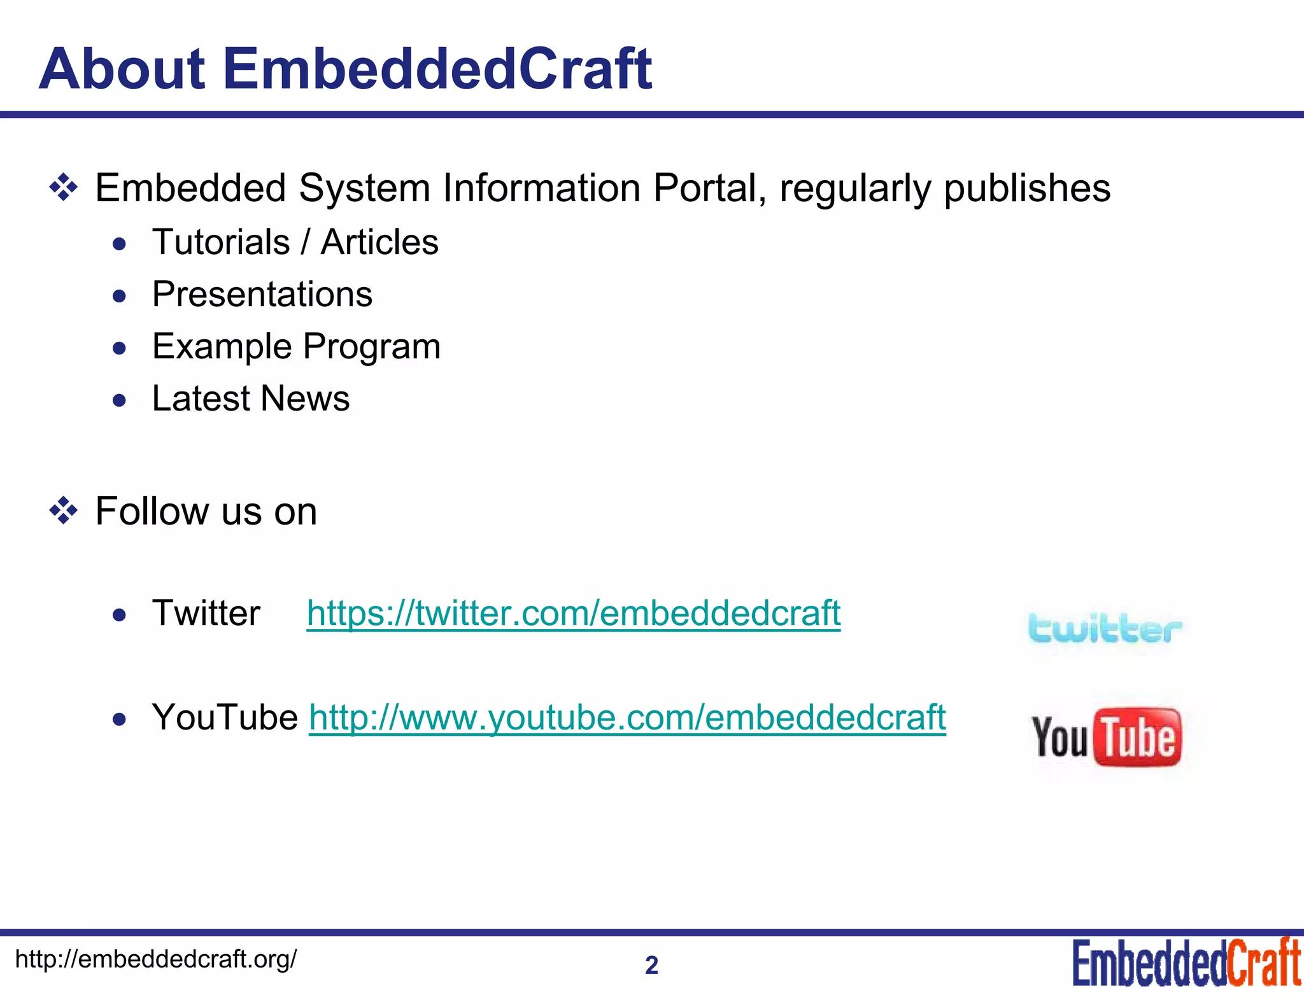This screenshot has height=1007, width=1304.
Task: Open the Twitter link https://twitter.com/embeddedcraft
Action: (x=573, y=613)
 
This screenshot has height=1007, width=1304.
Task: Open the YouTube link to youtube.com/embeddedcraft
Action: (x=627, y=717)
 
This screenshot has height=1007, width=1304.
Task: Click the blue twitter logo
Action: (x=1105, y=629)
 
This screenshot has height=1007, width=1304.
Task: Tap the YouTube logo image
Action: (x=1107, y=737)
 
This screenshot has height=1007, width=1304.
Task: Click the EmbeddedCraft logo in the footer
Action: (x=1186, y=963)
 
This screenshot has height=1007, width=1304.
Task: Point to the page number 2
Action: (x=651, y=966)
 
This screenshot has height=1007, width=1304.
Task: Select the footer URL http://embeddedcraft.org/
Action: (x=155, y=959)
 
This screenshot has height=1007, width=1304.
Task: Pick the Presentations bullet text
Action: (x=262, y=295)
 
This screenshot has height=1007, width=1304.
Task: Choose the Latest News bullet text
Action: (x=251, y=399)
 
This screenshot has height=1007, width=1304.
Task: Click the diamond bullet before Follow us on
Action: (x=64, y=511)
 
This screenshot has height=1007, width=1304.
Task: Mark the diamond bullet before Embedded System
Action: (x=64, y=188)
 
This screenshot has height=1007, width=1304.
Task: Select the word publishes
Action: (x=1026, y=188)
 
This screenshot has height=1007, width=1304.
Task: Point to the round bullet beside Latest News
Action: (x=119, y=400)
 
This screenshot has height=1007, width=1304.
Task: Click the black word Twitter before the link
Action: (x=206, y=613)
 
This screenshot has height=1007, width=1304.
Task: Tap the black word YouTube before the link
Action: (x=225, y=717)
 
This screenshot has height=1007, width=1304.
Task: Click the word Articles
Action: (x=379, y=243)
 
